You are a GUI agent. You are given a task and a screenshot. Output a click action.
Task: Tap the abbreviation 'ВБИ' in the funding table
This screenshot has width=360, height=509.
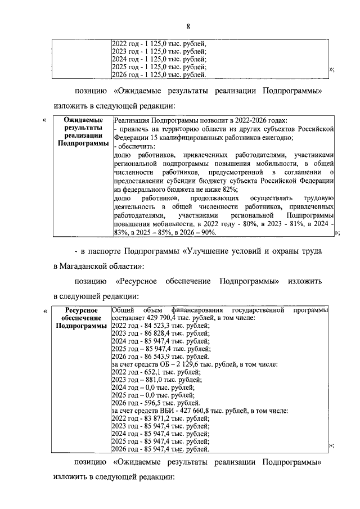click(x=160, y=411)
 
